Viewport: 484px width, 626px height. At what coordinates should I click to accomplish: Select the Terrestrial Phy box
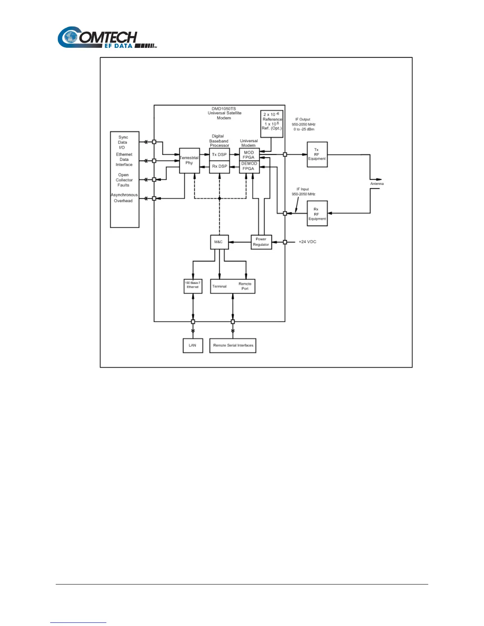tap(189, 160)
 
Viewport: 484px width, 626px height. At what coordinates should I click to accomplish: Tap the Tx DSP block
tap(219, 155)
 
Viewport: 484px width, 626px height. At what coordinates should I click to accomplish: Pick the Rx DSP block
tap(219, 166)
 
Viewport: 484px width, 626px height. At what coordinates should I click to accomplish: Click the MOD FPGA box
tap(249, 155)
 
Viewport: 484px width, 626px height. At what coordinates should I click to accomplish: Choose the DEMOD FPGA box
tap(249, 166)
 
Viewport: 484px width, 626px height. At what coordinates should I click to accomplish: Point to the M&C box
tap(219, 242)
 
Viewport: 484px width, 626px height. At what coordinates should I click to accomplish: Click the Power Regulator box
tap(261, 242)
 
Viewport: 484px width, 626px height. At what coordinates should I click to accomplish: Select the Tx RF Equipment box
tap(317, 155)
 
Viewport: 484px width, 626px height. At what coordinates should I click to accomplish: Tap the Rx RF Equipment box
tap(317, 214)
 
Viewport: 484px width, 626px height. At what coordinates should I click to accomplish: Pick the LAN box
tap(193, 345)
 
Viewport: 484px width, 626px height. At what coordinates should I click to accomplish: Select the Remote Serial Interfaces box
tap(233, 345)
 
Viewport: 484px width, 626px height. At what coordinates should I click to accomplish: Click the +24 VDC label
tap(307, 242)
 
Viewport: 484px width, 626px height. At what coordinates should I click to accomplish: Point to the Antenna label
tap(377, 184)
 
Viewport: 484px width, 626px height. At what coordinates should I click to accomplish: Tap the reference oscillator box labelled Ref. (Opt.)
tap(272, 124)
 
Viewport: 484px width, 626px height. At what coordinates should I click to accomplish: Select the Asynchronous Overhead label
tap(124, 198)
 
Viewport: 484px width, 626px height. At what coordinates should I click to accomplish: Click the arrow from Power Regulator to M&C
tap(240, 242)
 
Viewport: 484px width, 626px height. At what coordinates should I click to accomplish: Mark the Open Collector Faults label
tap(124, 180)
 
